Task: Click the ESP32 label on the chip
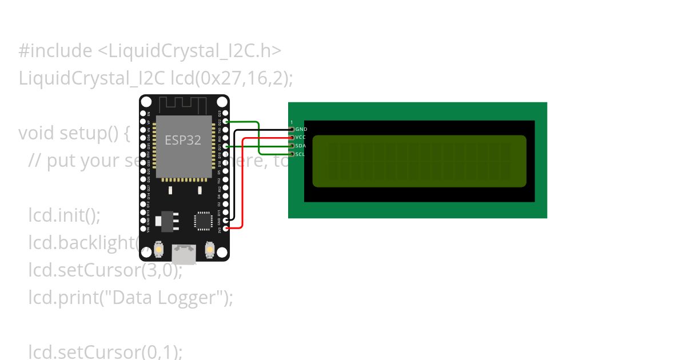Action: (183, 140)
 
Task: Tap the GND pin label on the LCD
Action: (301, 129)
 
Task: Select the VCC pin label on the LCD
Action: (301, 138)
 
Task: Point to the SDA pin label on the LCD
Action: (301, 146)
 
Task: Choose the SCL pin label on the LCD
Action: (301, 154)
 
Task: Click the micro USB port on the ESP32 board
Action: (184, 254)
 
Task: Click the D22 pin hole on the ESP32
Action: (226, 122)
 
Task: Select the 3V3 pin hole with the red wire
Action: (226, 228)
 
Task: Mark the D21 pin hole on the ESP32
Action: (226, 146)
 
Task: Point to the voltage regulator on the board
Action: (167, 221)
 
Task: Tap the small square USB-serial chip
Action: (204, 221)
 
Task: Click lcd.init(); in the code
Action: (64, 215)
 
